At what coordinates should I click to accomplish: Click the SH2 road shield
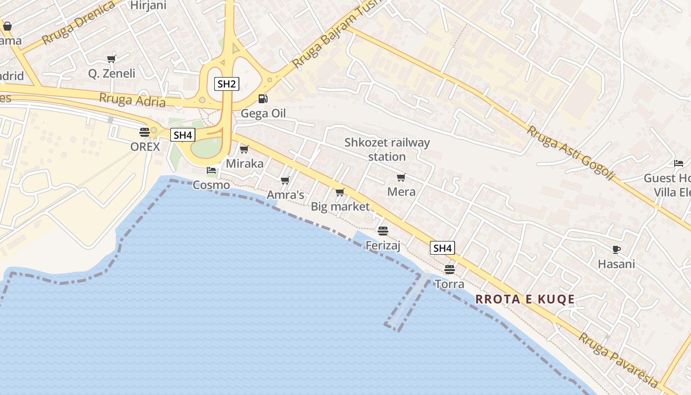[x=227, y=83]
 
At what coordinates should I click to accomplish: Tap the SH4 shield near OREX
[x=183, y=135]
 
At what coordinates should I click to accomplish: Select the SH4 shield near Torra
[x=442, y=248]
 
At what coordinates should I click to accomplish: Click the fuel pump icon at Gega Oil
[x=263, y=99]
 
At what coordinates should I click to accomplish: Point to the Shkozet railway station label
[x=387, y=150]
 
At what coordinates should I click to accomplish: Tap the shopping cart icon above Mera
[x=401, y=177]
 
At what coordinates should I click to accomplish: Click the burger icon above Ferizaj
[x=383, y=231]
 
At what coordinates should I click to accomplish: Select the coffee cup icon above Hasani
[x=616, y=249]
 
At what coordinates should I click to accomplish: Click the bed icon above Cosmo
[x=211, y=170]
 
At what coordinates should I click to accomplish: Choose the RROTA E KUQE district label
[x=525, y=299]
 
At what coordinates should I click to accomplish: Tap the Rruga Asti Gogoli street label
[x=571, y=153]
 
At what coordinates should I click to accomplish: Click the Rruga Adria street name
[x=132, y=100]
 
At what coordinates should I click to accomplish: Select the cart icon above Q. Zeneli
[x=112, y=59]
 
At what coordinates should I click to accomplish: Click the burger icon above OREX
[x=145, y=132]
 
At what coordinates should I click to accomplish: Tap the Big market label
[x=340, y=206]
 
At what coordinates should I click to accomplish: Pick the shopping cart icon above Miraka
[x=244, y=149]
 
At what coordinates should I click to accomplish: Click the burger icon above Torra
[x=449, y=269]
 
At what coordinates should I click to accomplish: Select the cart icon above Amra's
[x=285, y=181]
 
